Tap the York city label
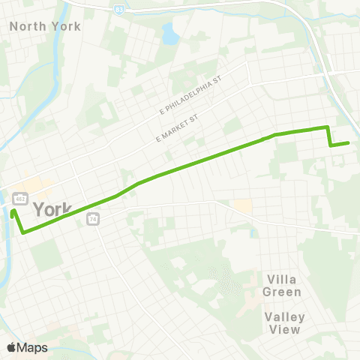pos(53,208)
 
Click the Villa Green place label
pos(283,285)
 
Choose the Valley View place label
pos(283,322)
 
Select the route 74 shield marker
pos(93,218)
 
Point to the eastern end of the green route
pos(348,142)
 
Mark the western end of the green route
pos(13,211)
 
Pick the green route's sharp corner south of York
pos(23,232)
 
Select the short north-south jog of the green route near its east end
pos(328,136)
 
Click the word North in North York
pos(24,25)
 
